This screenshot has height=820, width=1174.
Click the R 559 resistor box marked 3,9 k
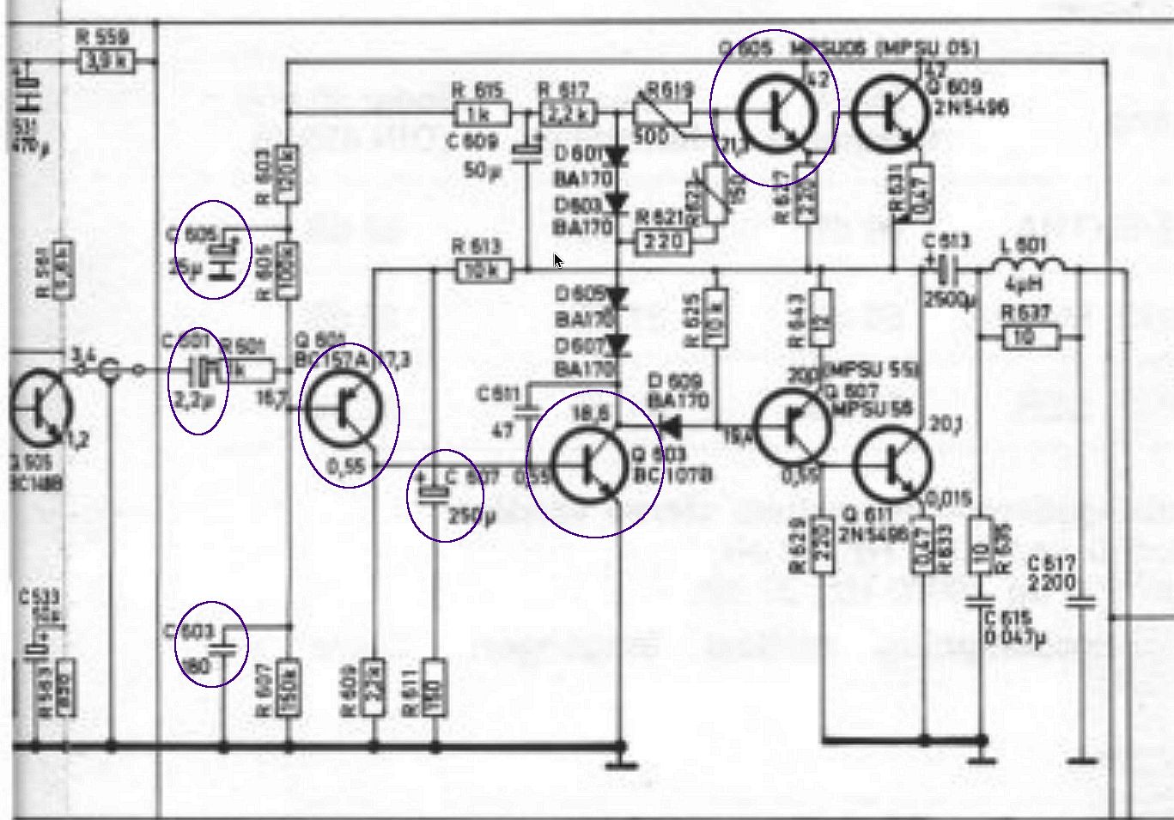tap(106, 62)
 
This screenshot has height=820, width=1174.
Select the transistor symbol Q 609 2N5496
tap(891, 112)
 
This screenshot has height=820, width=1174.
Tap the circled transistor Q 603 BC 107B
tap(591, 465)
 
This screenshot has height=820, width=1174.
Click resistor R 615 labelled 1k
tap(481, 113)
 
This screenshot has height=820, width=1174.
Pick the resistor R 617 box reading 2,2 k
tap(568, 113)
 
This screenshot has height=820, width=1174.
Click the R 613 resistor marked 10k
tap(481, 271)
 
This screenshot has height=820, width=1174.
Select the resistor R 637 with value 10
tap(1031, 337)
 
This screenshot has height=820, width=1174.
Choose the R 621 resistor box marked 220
tap(663, 243)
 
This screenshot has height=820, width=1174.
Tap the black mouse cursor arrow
tap(558, 261)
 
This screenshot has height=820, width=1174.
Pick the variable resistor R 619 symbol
tap(661, 113)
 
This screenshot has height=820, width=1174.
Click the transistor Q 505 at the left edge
tap(40, 409)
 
